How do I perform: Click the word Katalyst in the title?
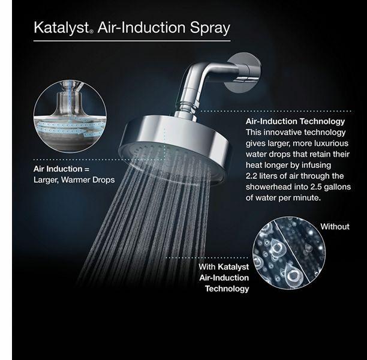click(x=62, y=28)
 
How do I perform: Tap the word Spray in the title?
click(x=210, y=28)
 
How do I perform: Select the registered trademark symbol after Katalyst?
click(x=92, y=31)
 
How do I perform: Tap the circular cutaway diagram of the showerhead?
click(x=70, y=116)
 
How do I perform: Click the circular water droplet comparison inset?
click(x=289, y=253)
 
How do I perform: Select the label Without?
click(x=335, y=226)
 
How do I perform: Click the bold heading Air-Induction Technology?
click(x=295, y=121)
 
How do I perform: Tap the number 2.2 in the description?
click(x=251, y=176)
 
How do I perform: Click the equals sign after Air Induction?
click(x=87, y=169)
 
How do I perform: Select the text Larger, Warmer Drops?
click(x=74, y=180)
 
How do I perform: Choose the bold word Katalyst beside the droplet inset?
click(x=233, y=267)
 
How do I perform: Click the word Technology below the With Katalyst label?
click(x=227, y=289)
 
